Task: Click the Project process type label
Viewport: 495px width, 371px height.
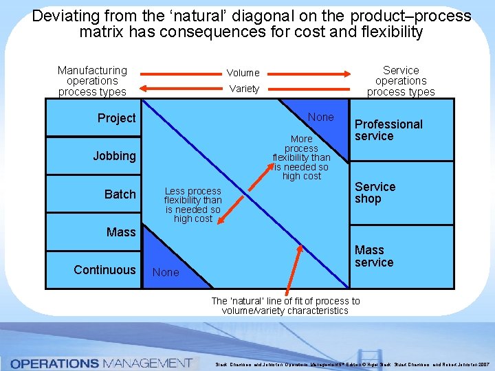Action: point(116,118)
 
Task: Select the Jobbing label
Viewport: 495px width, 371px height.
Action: point(114,156)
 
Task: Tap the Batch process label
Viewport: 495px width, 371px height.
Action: point(120,194)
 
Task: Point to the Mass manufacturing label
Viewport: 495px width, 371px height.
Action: point(121,232)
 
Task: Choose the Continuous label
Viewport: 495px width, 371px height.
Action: point(104,270)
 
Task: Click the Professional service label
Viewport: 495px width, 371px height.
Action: point(388,130)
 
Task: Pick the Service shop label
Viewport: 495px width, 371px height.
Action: point(375,192)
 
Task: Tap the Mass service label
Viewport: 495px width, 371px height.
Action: point(374,256)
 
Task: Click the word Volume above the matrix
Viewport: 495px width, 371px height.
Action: point(243,73)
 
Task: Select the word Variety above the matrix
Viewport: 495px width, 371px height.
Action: point(244,89)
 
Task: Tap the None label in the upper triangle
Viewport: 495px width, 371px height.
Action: point(320,117)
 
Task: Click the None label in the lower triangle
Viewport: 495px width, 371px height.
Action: point(166,273)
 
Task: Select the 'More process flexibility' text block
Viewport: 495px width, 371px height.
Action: point(301,157)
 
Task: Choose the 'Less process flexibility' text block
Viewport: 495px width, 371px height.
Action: point(192,205)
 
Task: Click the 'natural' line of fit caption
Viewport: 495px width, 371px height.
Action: point(285,306)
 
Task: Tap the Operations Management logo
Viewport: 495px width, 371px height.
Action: point(101,362)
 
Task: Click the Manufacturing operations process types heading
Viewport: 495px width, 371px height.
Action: point(92,81)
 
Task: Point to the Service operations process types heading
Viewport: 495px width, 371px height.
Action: point(401,81)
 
